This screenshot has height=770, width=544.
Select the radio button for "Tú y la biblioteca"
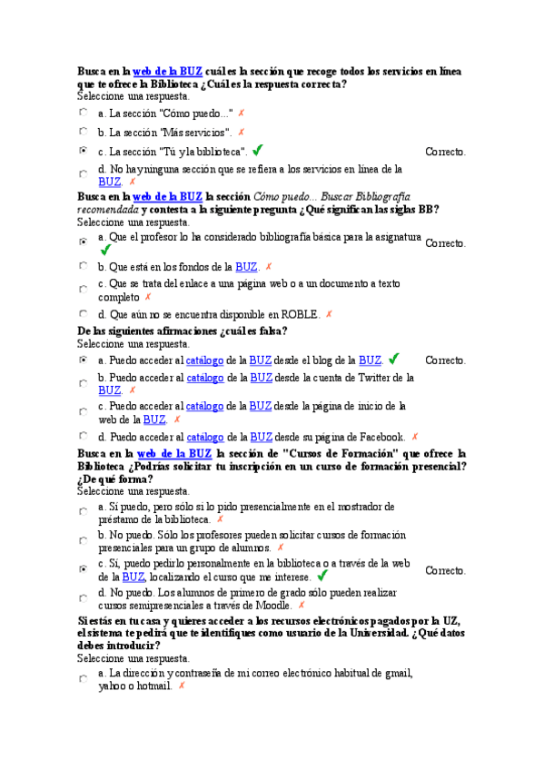click(x=84, y=151)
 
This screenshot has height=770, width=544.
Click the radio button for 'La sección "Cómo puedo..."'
click(x=84, y=114)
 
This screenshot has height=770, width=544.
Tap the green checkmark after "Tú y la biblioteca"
click(x=259, y=150)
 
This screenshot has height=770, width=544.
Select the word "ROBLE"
click(x=299, y=315)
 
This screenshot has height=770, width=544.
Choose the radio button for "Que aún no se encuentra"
click(x=84, y=314)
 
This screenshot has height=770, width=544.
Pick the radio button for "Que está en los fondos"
click(x=84, y=267)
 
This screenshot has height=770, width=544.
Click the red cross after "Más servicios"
click(x=241, y=133)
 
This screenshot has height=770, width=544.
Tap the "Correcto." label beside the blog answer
click(x=445, y=360)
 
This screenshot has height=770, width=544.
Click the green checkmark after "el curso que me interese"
click(x=321, y=576)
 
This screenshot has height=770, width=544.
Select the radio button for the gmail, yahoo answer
click(x=84, y=678)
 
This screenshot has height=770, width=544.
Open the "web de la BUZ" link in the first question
click(x=167, y=71)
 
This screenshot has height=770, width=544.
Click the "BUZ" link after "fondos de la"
click(x=246, y=267)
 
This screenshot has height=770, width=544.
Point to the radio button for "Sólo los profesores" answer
click(x=84, y=541)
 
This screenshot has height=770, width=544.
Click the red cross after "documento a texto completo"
click(x=148, y=297)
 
